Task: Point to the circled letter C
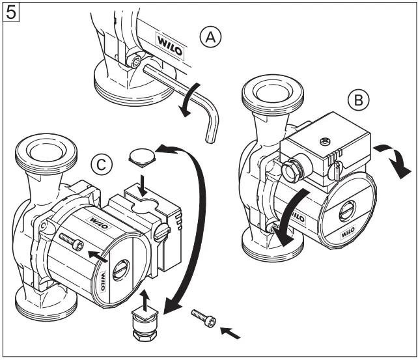[x=100, y=164]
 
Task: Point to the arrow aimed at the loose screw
[x=232, y=334]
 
